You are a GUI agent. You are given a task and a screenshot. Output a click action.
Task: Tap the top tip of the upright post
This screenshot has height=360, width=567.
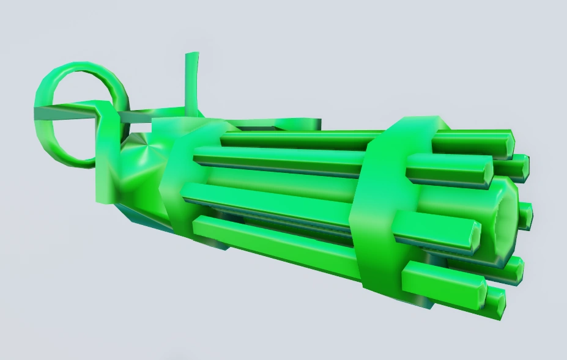191,57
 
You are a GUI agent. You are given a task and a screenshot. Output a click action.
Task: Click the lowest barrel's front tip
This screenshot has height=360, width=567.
495,303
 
